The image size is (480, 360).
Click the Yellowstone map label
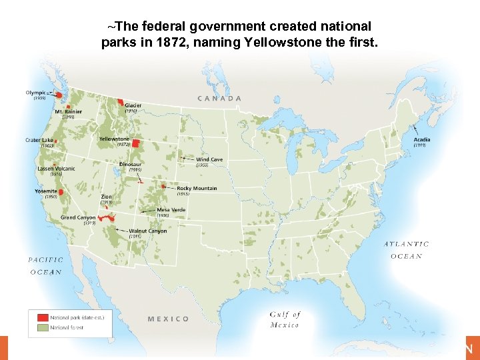click(114, 139)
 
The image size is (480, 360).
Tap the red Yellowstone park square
click(136, 143)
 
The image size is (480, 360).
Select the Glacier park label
click(133, 105)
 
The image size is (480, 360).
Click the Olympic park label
click(36, 92)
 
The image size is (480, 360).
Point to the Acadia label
click(421, 140)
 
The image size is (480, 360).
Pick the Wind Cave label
click(209, 160)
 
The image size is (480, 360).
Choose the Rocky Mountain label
click(197, 189)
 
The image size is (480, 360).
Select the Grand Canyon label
click(78, 217)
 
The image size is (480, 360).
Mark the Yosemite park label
click(46, 191)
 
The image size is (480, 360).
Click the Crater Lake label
click(39, 140)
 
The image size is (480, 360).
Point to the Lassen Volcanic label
click(56, 169)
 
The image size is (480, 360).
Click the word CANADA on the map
click(219, 98)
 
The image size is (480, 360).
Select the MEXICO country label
click(168, 319)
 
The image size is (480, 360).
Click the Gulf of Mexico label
click(285, 319)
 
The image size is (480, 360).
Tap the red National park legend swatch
click(43, 317)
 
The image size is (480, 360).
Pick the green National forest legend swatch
click(43, 327)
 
